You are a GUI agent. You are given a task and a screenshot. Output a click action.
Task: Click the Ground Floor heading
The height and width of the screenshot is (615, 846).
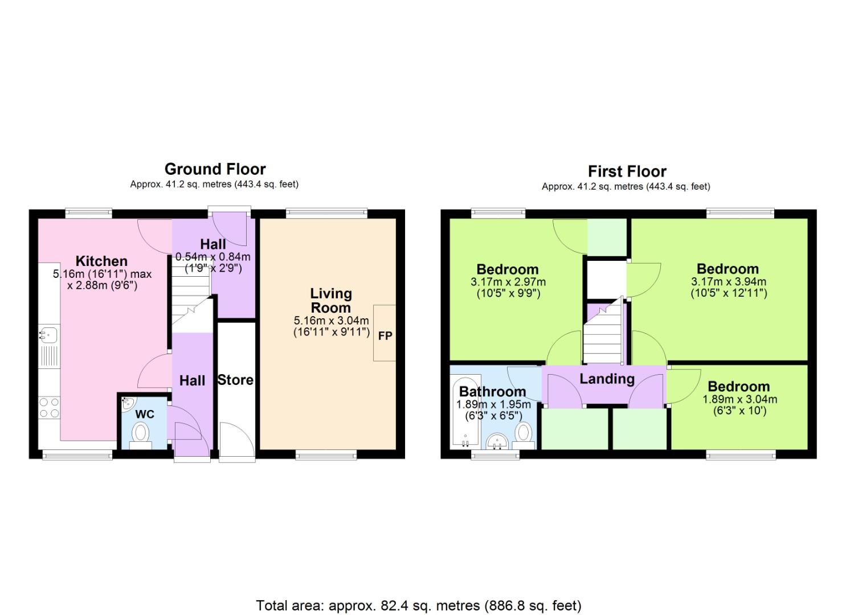coord(215,169)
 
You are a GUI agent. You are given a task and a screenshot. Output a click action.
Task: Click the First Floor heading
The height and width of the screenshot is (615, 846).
coord(627,171)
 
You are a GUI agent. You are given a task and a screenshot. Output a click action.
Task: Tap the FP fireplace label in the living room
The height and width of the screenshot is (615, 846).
coord(385,335)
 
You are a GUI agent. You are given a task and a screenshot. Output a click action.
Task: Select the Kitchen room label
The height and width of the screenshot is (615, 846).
coord(101,261)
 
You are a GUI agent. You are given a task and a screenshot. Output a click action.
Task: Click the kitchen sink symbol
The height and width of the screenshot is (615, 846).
coord(48,334)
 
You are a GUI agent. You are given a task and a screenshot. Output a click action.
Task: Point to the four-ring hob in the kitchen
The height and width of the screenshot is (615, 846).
coord(48,408)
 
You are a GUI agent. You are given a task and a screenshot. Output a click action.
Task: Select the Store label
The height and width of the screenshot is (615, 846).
coord(235,380)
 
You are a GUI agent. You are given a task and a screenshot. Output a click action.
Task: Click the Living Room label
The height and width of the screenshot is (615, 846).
coord(330,301)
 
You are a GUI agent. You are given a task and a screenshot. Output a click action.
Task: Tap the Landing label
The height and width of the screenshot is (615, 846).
coord(607,379)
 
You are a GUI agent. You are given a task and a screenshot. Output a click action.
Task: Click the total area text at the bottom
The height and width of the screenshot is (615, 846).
coord(419,605)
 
